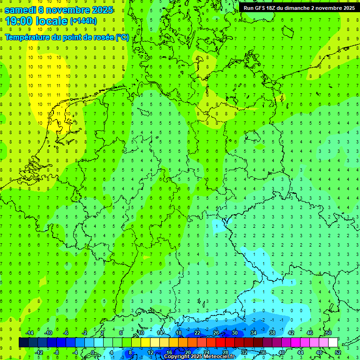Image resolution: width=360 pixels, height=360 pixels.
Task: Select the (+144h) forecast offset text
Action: [83, 21]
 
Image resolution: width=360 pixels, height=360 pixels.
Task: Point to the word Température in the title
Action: [27, 37]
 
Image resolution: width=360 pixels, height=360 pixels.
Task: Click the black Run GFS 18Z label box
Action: [299, 8]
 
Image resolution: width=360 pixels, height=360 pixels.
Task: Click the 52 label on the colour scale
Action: [338, 352]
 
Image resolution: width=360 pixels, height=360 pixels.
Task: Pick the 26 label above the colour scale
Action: [216, 333]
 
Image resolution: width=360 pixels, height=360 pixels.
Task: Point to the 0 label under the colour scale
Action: [93, 352]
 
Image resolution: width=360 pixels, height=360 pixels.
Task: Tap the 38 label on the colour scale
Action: [272, 333]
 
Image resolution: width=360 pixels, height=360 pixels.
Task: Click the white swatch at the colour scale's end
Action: [333, 343]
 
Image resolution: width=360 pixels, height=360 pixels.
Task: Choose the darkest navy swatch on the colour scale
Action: [23, 343]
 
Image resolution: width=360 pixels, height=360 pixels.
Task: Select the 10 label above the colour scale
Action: [141, 333]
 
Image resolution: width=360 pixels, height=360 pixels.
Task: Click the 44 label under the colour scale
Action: [300, 352]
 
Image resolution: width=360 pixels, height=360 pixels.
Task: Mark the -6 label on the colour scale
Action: [66, 333]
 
